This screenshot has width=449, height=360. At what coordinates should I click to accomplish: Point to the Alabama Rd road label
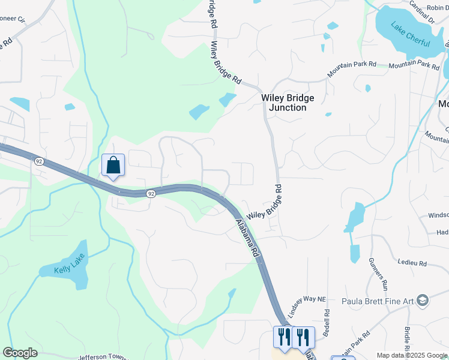pyautogui.click(x=247, y=239)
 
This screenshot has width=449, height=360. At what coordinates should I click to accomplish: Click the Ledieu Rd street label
pyautogui.click(x=412, y=263)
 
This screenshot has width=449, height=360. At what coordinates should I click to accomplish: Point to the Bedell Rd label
pyautogui.click(x=327, y=322)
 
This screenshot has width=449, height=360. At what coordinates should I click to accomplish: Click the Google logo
pyautogui.click(x=20, y=353)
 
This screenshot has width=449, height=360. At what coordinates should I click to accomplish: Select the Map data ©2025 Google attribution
pyautogui.click(x=412, y=355)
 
